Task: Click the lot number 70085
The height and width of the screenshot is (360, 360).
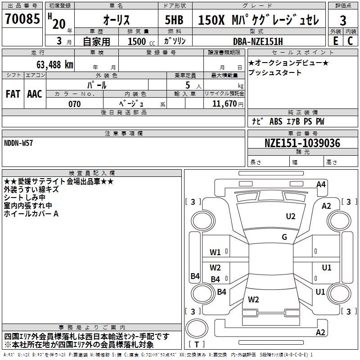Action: [x=22, y=20]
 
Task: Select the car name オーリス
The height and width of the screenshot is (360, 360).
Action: [x=116, y=20]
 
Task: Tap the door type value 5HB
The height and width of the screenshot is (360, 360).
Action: [x=175, y=20]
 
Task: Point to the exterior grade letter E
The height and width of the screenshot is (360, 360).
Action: [x=335, y=40]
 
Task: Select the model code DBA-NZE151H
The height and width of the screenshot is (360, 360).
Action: [x=258, y=41]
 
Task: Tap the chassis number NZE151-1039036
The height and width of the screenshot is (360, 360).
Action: [x=302, y=143]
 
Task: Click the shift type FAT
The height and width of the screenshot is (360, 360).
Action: [x=13, y=94]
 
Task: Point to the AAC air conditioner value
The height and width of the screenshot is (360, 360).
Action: [x=35, y=94]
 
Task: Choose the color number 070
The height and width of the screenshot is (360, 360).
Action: [x=74, y=104]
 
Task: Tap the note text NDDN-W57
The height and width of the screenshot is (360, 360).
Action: [x=18, y=143]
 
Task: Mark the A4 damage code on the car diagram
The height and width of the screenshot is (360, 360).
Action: [x=321, y=184]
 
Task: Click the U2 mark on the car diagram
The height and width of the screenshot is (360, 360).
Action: [x=291, y=216]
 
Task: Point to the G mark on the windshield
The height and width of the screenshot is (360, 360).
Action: [x=284, y=237]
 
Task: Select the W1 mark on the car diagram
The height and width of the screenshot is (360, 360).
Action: [x=215, y=252]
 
